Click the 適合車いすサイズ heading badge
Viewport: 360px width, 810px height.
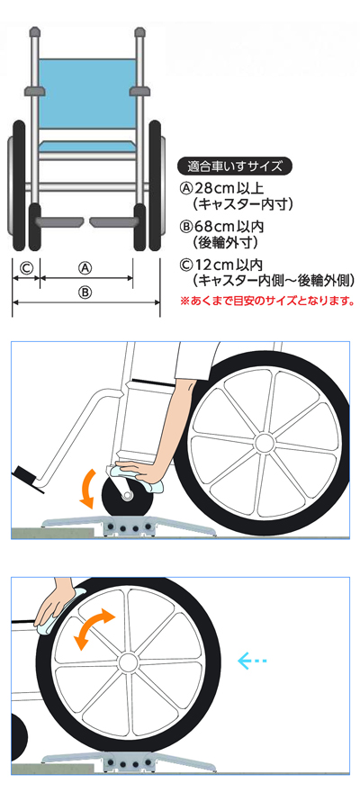(x=235, y=166)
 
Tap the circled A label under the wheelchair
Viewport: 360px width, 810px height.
(x=85, y=268)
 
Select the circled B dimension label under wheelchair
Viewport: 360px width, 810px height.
(x=85, y=292)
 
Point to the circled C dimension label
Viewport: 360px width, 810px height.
(x=26, y=268)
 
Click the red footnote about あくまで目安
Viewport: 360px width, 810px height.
(x=267, y=300)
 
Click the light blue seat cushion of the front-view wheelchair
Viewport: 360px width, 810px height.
(x=85, y=145)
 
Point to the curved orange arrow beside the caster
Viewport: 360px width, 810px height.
(x=86, y=488)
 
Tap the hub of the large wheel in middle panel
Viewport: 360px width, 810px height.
(x=265, y=442)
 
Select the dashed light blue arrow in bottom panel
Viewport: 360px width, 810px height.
(x=251, y=661)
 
